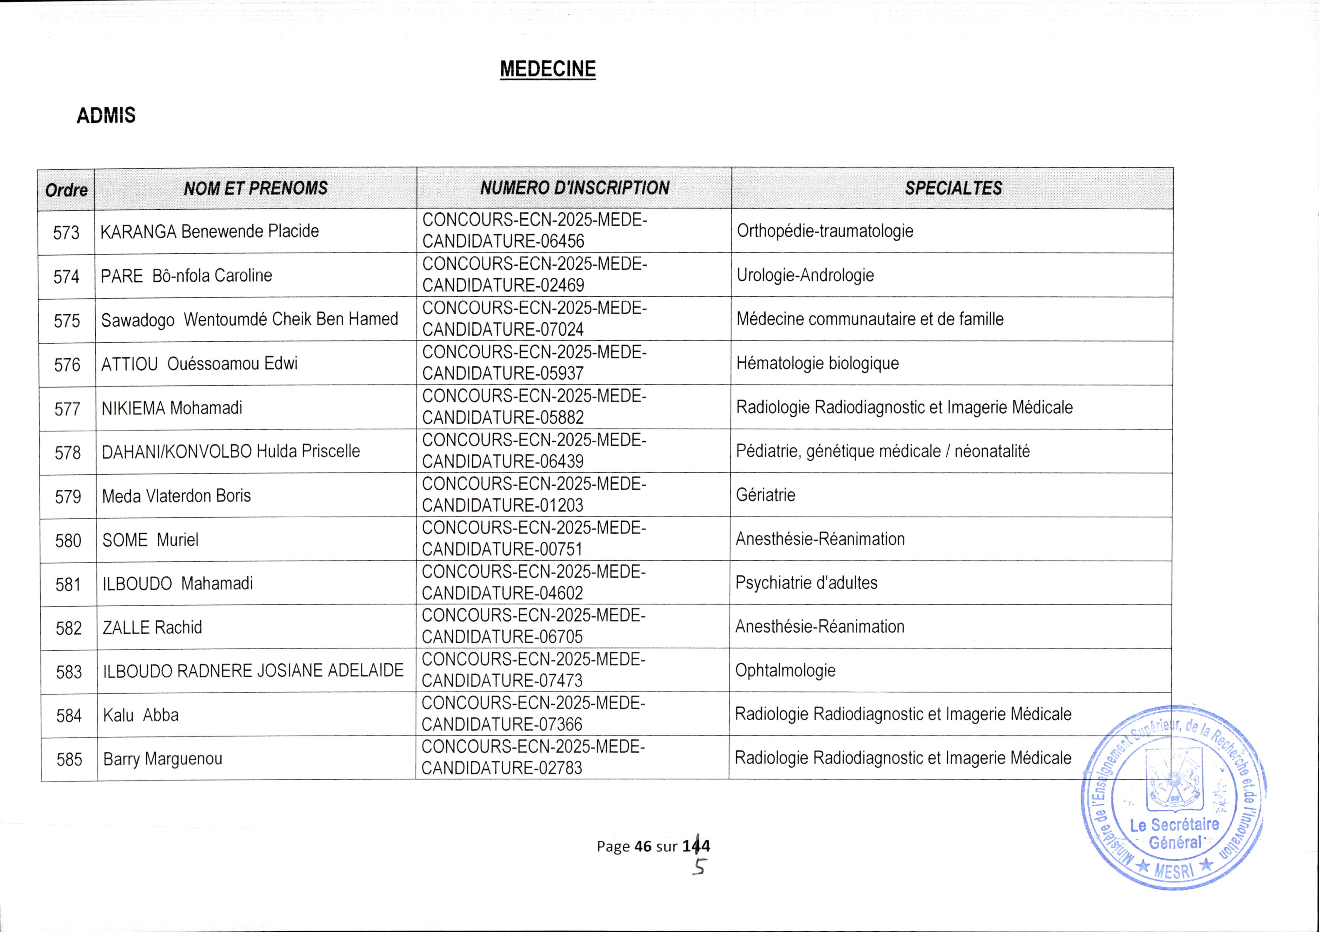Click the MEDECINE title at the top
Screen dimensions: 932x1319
pos(548,69)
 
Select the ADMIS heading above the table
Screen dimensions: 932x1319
pos(106,116)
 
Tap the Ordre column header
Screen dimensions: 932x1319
pos(66,190)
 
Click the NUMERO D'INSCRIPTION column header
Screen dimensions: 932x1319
pos(574,188)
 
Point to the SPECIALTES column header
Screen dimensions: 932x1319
pos(953,188)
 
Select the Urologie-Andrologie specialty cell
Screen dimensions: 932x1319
pos(805,275)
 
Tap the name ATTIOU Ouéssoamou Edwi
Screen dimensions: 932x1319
pos(199,364)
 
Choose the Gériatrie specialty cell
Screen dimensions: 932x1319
pos(765,495)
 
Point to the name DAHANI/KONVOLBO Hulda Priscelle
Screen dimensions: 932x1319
pos(231,451)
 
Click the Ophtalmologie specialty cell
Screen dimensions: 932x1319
pos(785,670)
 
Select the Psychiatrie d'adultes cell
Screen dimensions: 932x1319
pos(806,583)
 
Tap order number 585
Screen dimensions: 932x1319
pos(69,760)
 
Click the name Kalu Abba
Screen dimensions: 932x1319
pos(141,715)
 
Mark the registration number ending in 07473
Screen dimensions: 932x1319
pos(533,670)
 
